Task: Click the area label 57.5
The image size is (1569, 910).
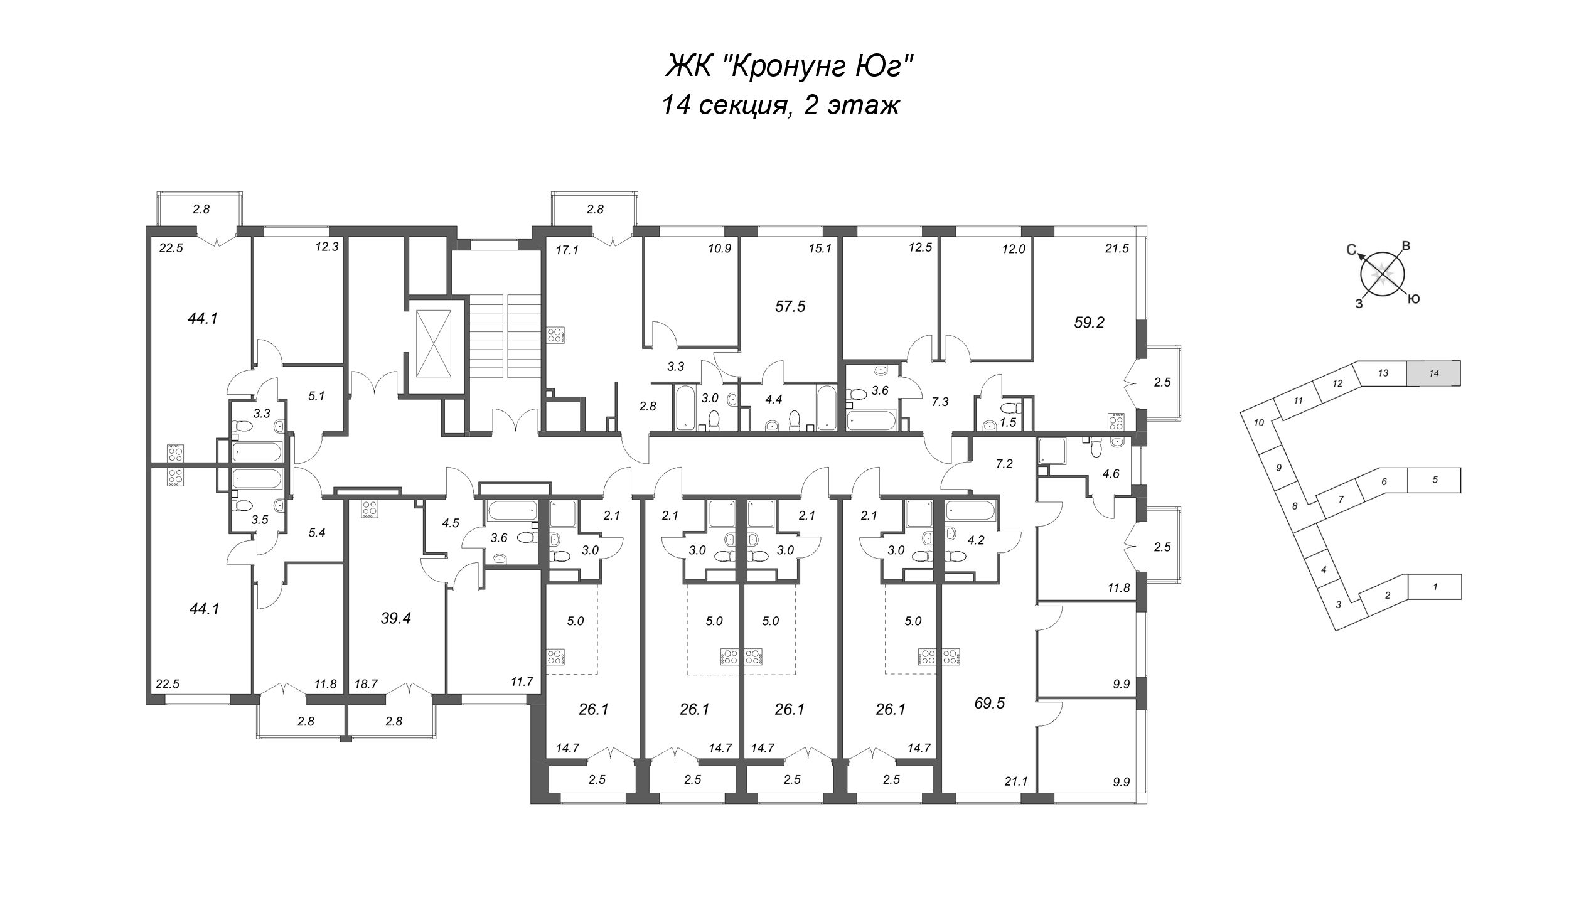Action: pos(790,307)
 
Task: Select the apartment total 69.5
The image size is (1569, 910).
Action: pos(990,703)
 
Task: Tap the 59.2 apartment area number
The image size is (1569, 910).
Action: pos(1089,323)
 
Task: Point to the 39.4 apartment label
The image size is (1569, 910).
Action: pos(395,618)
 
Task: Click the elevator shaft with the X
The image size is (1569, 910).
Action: pos(434,342)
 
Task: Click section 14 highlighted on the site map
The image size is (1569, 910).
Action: pos(1433,373)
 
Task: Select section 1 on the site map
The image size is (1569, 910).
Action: pos(1435,587)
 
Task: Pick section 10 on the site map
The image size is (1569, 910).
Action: pos(1258,423)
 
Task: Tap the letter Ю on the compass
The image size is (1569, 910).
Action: pos(1415,299)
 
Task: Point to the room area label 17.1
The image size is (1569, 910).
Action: pos(567,250)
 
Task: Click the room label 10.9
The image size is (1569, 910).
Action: pos(720,248)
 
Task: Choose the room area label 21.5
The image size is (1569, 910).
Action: pos(1117,248)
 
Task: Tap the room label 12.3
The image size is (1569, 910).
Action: pos(327,247)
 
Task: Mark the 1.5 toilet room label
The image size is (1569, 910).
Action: pos(1008,423)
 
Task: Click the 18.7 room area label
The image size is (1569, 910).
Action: pos(366,684)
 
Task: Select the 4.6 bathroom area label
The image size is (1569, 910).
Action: pos(1111,474)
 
